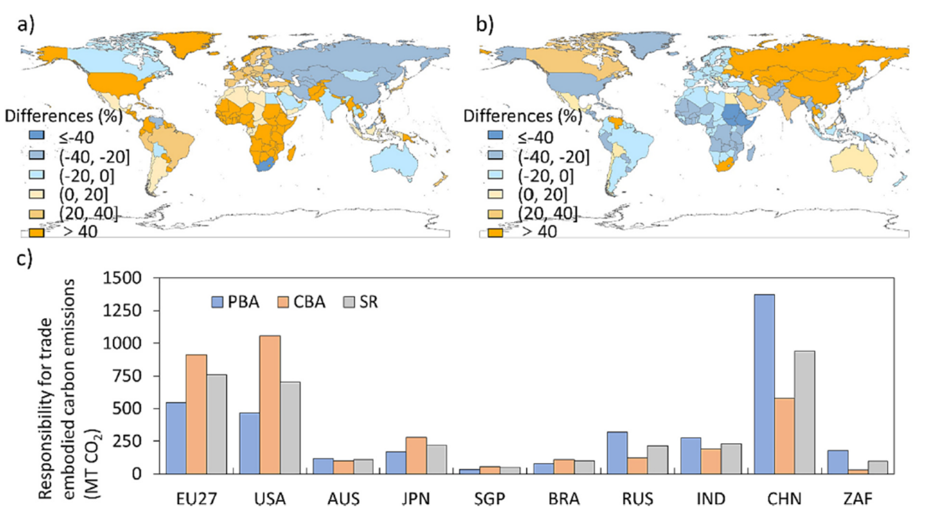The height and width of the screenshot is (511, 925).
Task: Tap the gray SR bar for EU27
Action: click(217, 424)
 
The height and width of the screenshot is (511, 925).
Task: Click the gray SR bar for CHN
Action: click(804, 412)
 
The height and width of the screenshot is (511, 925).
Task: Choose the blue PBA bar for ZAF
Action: click(838, 462)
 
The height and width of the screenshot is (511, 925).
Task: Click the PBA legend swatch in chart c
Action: click(217, 302)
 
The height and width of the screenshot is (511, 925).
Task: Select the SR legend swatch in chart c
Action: click(349, 302)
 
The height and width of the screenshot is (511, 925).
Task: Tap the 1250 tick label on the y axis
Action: click(122, 311)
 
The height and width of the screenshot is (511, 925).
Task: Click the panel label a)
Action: click(26, 24)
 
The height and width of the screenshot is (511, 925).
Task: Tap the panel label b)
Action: click(485, 24)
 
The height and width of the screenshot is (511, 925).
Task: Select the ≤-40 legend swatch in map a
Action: click(37, 136)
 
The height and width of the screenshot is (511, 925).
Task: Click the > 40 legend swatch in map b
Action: click(495, 233)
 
